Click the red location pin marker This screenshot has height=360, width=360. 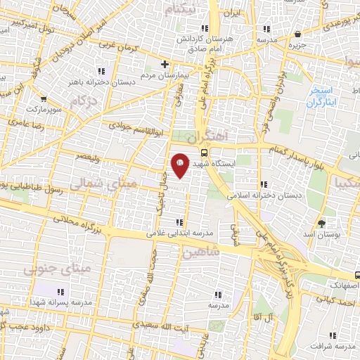[x=180, y=164]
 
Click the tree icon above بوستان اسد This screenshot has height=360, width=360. [x=322, y=224]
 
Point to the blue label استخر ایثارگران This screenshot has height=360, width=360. [x=323, y=97]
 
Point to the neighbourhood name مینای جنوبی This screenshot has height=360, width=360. [x=48, y=269]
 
